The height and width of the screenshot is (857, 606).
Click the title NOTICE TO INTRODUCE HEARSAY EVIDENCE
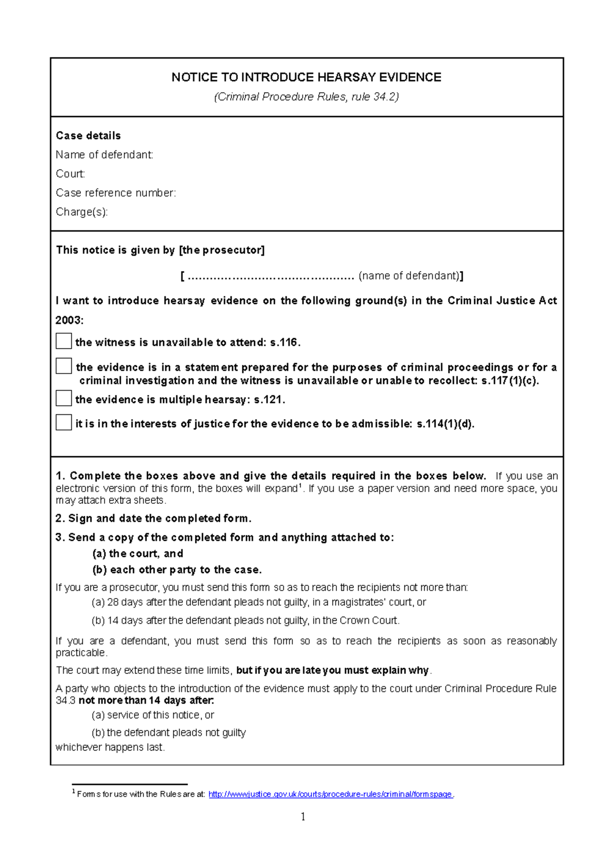coord(306,77)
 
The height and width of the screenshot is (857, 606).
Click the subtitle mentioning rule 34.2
coord(306,97)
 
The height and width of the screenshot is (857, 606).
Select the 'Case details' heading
coord(88,136)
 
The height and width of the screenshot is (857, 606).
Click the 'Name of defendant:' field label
coord(105,155)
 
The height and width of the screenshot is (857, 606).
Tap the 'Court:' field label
coord(70,174)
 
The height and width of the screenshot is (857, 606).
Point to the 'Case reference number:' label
coord(116,193)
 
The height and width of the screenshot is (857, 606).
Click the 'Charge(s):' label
coord(82,212)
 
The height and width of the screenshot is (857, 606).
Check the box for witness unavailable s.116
coord(64,341)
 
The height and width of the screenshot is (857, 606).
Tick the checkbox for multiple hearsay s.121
coord(64,398)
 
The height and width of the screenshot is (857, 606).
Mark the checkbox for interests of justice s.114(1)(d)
coord(64,422)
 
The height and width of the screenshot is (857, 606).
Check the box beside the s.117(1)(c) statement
coord(64,366)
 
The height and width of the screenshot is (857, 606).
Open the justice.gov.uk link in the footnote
coord(330,794)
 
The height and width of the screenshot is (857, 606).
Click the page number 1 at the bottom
coord(303,817)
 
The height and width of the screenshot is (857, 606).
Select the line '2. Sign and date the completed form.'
coord(154,518)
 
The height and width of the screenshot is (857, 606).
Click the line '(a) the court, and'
coord(137,554)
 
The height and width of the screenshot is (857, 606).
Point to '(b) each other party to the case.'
coord(177,570)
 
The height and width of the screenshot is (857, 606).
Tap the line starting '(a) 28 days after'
coord(259,602)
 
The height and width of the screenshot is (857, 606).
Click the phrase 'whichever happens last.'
coord(110,747)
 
